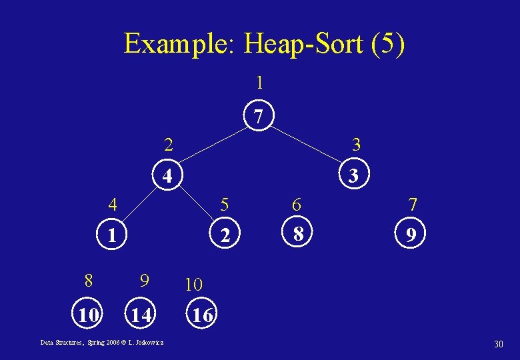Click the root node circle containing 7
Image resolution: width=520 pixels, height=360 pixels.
click(259, 117)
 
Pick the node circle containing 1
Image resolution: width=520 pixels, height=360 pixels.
click(114, 235)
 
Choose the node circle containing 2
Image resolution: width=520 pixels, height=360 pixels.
click(226, 235)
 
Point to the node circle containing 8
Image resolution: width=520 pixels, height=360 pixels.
click(299, 234)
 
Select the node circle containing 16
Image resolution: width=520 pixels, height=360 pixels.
click(202, 315)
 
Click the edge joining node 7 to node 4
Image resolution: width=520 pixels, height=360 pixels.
click(213, 147)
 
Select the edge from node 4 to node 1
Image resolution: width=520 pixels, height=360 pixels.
click(141, 206)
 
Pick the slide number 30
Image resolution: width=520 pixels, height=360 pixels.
click(498, 343)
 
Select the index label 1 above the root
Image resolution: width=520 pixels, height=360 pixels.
click(259, 83)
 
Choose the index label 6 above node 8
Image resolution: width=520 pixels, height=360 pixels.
click(297, 205)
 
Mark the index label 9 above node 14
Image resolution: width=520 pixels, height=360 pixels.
click(143, 281)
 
